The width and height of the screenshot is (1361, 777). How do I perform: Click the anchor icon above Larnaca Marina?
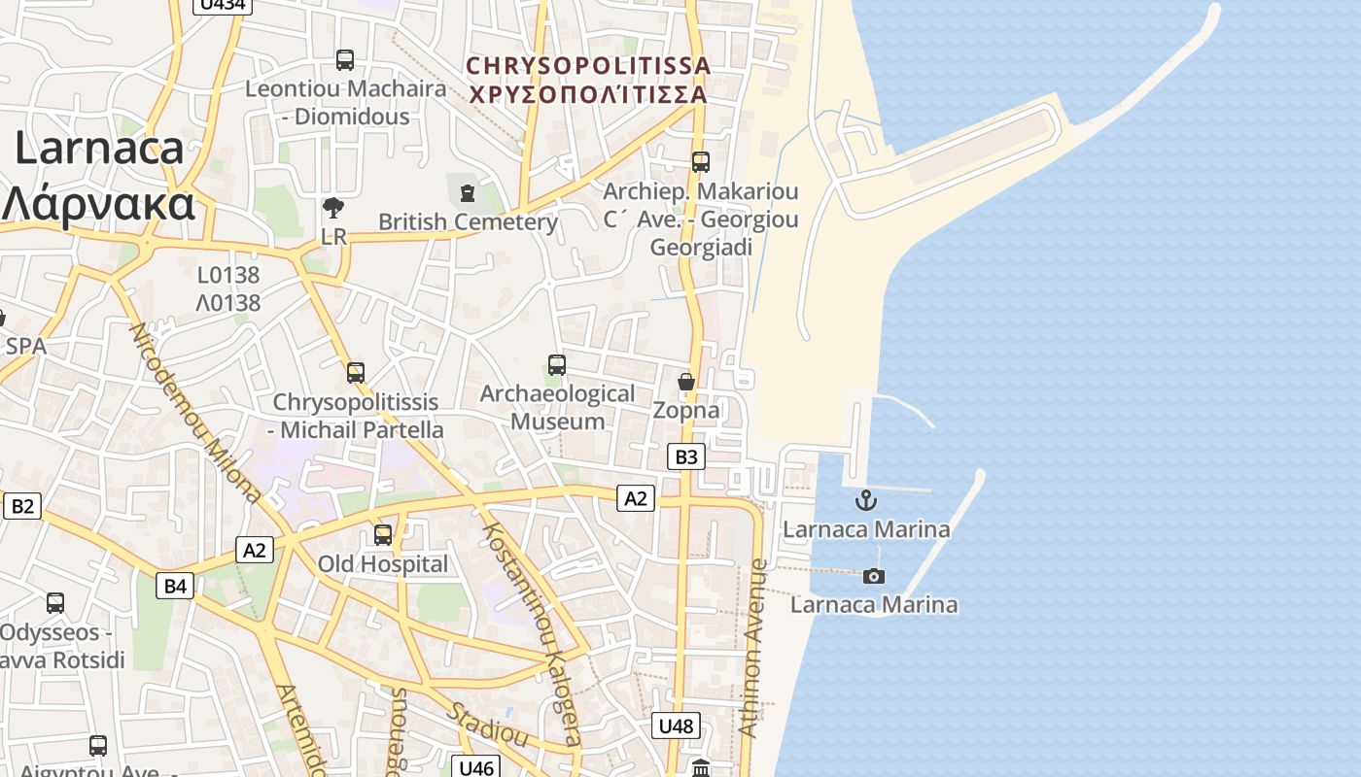[x=865, y=500]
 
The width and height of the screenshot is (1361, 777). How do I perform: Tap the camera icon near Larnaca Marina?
[x=874, y=576]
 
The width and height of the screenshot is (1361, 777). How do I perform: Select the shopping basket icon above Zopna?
[x=686, y=382]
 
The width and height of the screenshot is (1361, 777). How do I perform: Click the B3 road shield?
[x=686, y=456]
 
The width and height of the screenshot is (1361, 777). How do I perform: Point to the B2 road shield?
[x=22, y=505]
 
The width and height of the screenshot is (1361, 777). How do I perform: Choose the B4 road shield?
[x=175, y=585]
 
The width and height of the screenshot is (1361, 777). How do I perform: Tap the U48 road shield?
[x=676, y=726]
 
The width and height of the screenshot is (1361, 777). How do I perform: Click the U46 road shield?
[x=476, y=767]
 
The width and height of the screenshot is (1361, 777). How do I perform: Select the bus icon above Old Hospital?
[x=383, y=534]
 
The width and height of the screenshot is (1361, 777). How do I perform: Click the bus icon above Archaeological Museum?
[x=557, y=365]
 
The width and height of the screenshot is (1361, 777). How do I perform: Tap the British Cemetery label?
[x=468, y=221]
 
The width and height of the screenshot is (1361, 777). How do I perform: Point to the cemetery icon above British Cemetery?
[x=468, y=192]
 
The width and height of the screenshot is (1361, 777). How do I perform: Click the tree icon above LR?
[x=333, y=207]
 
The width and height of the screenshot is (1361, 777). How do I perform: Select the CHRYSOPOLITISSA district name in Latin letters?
[x=588, y=66]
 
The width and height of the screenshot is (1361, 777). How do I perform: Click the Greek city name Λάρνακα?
[x=97, y=204]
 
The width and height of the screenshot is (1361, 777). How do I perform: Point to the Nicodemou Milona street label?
[x=194, y=412]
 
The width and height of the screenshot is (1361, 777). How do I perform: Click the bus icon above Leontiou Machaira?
[x=345, y=60]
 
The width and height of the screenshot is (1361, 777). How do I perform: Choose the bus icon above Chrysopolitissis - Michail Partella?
[x=356, y=372]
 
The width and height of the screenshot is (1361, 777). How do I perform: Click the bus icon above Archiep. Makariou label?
[x=701, y=162]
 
